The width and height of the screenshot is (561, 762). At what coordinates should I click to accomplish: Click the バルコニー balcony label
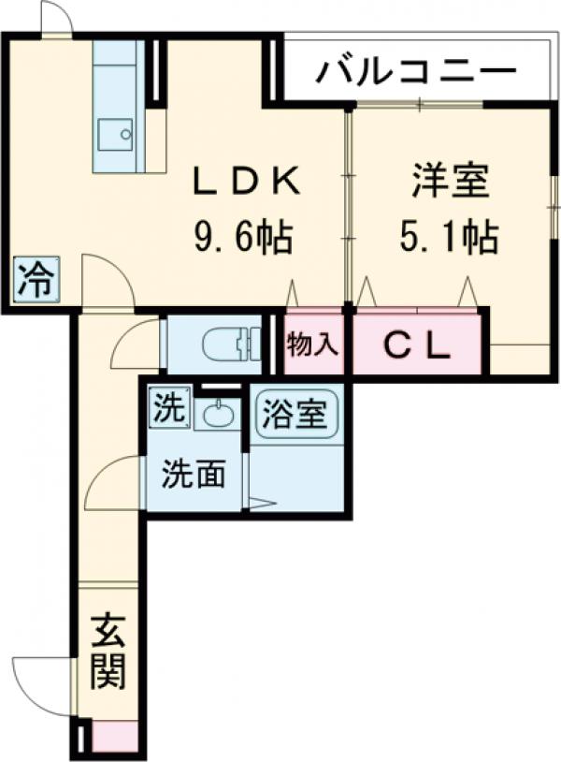[x=416, y=70]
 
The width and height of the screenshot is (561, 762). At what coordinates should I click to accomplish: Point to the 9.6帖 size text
[x=244, y=237]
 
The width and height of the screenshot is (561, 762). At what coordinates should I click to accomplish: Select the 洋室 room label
[x=451, y=182]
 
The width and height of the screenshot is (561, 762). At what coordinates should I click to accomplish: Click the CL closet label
[x=418, y=345]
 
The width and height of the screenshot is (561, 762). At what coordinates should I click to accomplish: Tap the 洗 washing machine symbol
[x=171, y=407]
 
